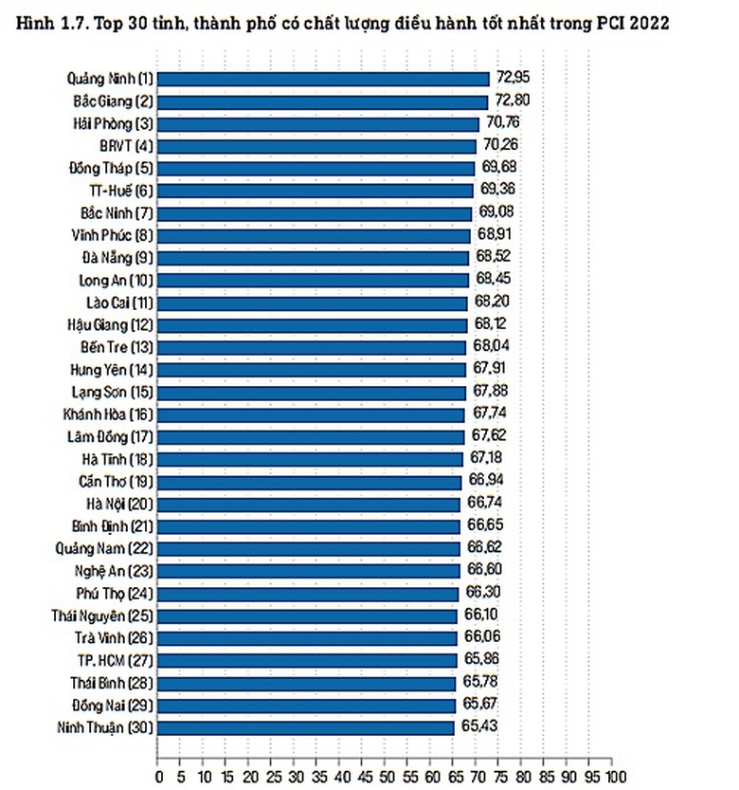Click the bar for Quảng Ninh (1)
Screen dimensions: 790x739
(322, 78)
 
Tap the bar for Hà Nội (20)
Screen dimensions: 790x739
(308, 504)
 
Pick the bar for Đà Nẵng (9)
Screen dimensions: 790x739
(313, 257)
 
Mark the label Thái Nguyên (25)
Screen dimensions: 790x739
(102, 615)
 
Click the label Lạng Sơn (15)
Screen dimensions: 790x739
(112, 392)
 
